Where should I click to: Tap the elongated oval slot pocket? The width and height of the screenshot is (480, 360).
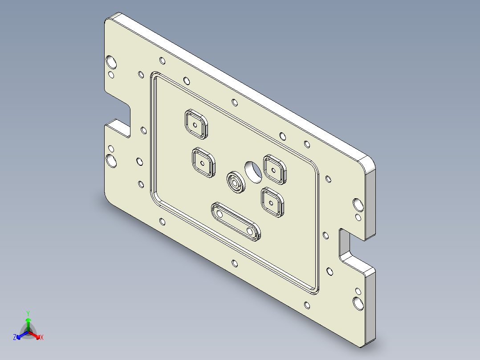236,221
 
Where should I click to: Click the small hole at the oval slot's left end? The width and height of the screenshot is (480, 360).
219,214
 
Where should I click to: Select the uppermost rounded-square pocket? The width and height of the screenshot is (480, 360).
196,123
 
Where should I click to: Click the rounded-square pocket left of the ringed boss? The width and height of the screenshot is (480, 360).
203,163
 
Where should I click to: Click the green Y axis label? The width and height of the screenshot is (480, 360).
28,313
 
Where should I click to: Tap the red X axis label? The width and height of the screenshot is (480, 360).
42,338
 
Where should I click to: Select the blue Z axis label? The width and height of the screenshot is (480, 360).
15,338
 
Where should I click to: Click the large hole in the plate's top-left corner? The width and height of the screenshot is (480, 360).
111,61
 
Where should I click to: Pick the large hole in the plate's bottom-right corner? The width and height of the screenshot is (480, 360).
358,303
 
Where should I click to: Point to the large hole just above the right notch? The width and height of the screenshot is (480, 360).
358,205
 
